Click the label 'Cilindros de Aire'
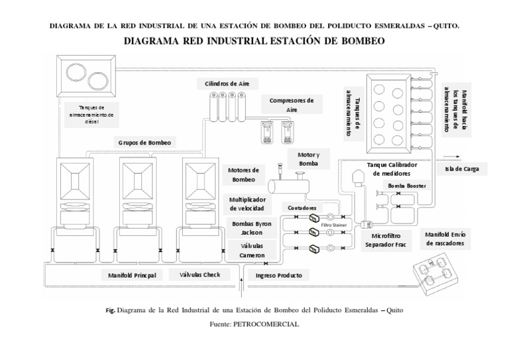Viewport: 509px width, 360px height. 227,84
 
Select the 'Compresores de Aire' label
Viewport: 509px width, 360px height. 291,104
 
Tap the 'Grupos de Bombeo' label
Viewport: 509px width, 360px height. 144,142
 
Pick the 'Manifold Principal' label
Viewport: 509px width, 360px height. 132,274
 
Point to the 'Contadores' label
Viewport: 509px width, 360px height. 302,208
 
